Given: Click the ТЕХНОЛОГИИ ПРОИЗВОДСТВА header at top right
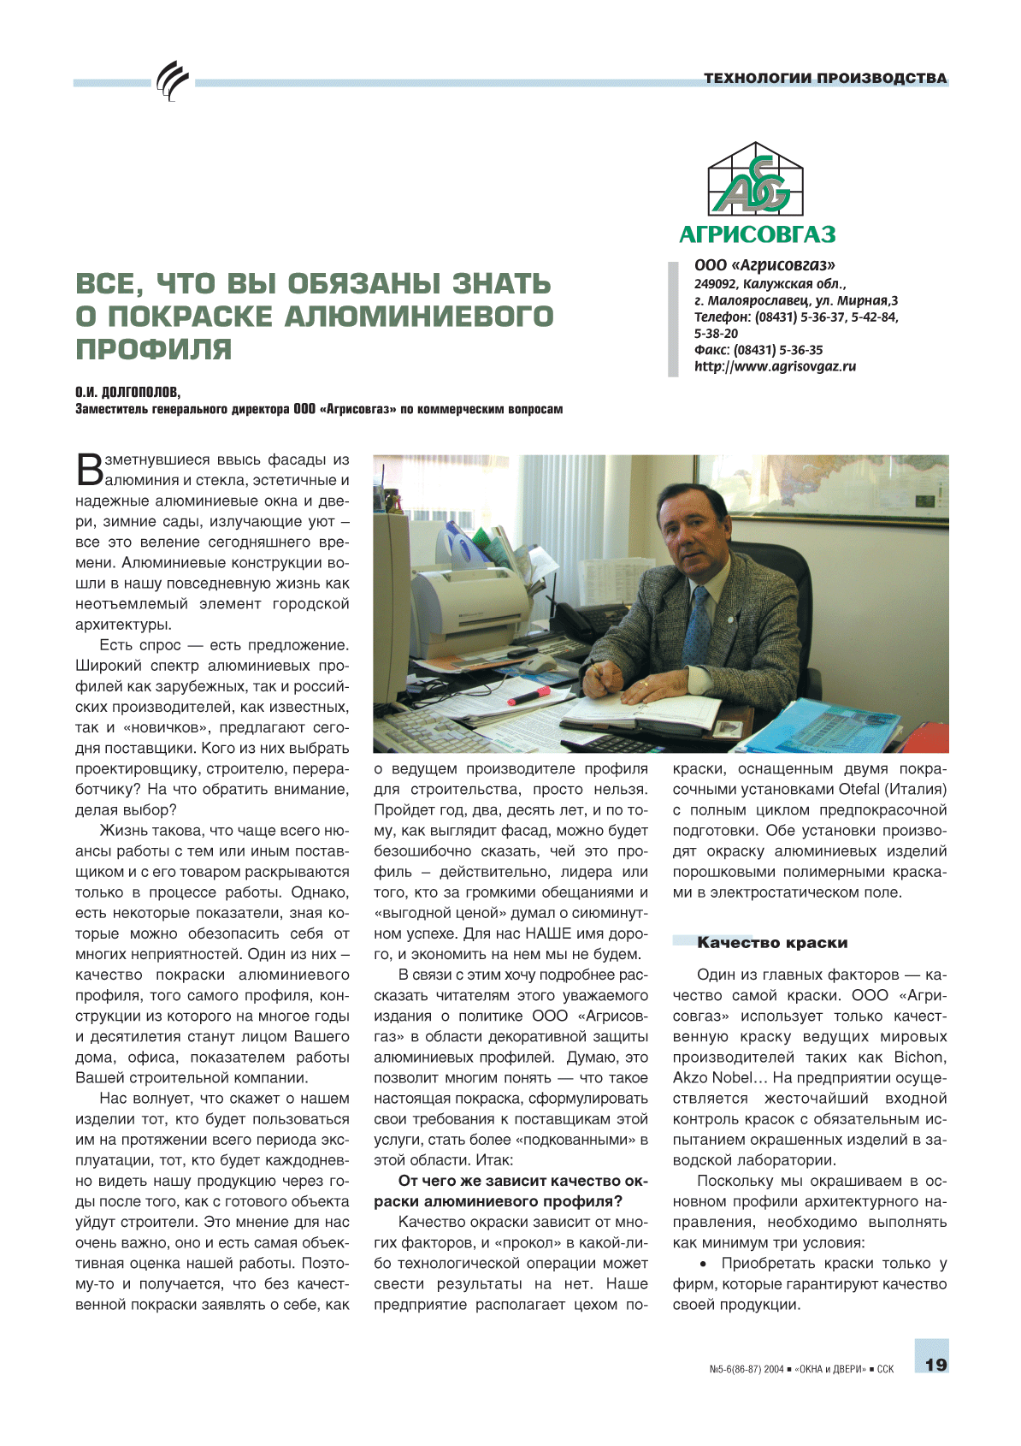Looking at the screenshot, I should point(825,79).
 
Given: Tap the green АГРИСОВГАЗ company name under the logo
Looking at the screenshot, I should point(757,234).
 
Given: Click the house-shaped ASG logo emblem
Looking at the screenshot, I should point(756,180).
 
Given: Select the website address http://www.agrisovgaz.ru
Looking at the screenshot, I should point(775,367).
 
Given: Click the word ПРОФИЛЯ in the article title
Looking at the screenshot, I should point(154,350).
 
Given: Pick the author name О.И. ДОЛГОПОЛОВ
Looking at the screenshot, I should point(128,393).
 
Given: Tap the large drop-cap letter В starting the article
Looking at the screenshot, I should point(89,469).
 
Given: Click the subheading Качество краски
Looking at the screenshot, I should point(771,943).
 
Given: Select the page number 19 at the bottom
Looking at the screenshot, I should point(936,1365).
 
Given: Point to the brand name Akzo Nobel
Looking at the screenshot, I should point(712,1078).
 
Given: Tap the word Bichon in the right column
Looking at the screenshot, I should point(919,1058).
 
